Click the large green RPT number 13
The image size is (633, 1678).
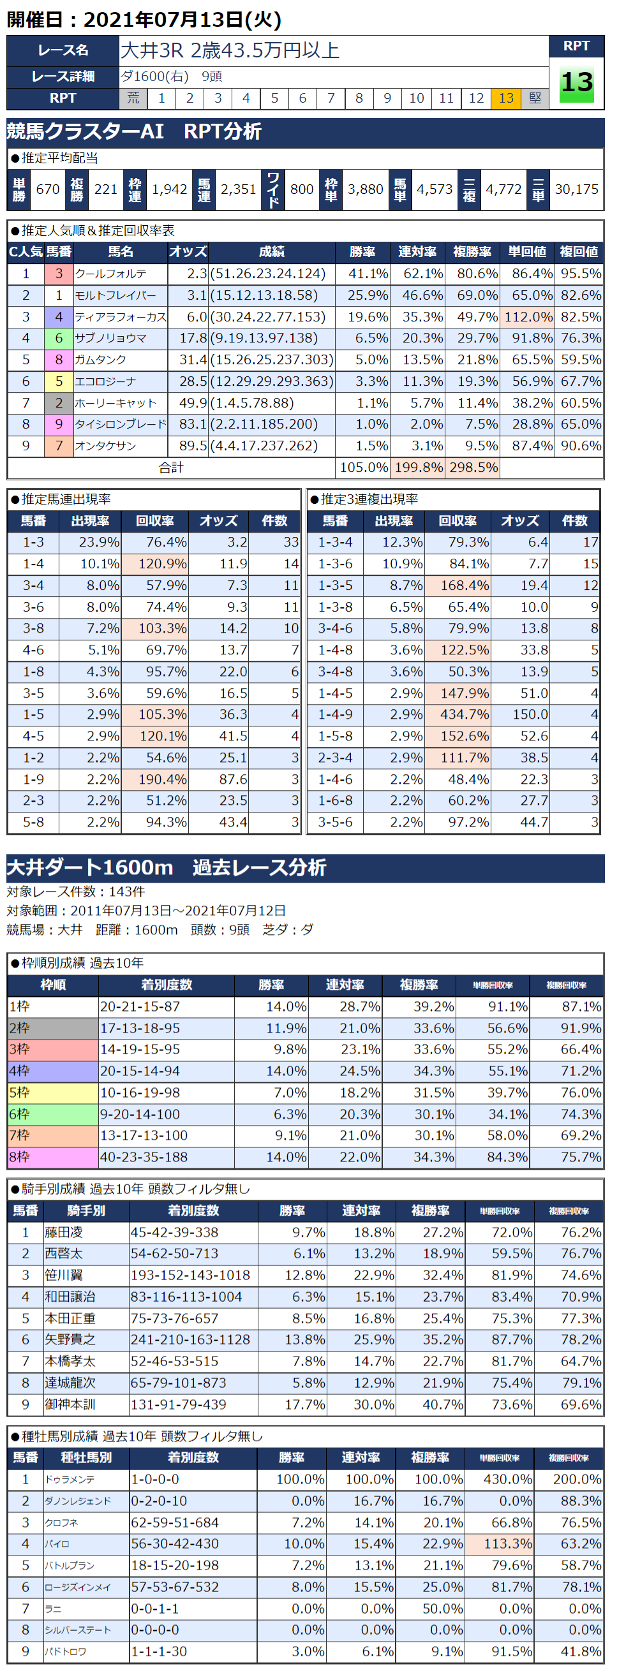click(x=576, y=83)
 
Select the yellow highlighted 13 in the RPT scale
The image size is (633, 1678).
click(x=506, y=98)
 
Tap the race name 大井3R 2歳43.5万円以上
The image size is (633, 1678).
click(x=230, y=50)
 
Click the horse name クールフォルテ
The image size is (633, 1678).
click(x=111, y=274)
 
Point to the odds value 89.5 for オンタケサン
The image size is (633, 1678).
click(x=192, y=446)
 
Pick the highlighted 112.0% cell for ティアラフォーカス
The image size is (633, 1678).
click(x=527, y=316)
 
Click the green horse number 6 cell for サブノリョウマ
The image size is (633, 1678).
click(x=59, y=338)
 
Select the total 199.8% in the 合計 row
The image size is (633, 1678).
click(x=418, y=467)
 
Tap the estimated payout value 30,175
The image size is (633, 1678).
click(x=576, y=189)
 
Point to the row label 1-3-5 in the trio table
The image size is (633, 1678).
click(x=335, y=585)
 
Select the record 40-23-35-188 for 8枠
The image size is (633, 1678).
click(x=144, y=1157)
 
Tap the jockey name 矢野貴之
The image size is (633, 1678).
click(x=70, y=1339)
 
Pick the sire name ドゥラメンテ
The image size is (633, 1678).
click(x=70, y=1478)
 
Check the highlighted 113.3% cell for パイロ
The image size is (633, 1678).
click(x=501, y=1543)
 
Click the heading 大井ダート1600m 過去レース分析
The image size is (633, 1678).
click(x=167, y=867)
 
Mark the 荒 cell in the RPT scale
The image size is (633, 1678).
click(x=133, y=98)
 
